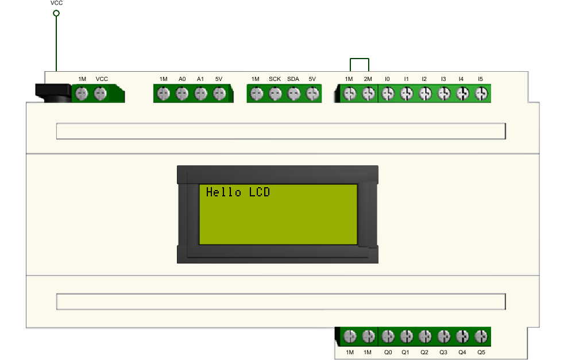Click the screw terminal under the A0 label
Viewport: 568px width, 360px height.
pyautogui.click(x=182, y=94)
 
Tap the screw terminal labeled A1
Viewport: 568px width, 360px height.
pyautogui.click(x=200, y=94)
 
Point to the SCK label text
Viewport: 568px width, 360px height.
pyautogui.click(x=275, y=79)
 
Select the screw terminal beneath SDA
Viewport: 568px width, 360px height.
pyautogui.click(x=294, y=94)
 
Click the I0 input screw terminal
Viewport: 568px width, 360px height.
pyautogui.click(x=388, y=94)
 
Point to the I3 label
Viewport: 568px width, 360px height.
pyautogui.click(x=443, y=79)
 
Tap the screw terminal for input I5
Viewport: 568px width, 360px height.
pyautogui.click(x=481, y=94)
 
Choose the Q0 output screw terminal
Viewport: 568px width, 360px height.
pyautogui.click(x=388, y=336)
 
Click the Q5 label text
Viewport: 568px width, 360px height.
pyautogui.click(x=481, y=353)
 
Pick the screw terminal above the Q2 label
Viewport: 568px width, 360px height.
pyautogui.click(x=425, y=336)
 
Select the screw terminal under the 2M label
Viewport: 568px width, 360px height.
pyautogui.click(x=369, y=94)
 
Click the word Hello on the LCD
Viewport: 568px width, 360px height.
pyautogui.click(x=223, y=192)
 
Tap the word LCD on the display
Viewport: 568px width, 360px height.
pyautogui.click(x=260, y=192)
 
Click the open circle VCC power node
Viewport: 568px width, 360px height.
pyautogui.click(x=56, y=13)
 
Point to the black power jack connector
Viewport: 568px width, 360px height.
pyautogui.click(x=53, y=92)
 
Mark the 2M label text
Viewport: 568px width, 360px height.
pyautogui.click(x=368, y=79)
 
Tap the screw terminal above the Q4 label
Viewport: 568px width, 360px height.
pyautogui.click(x=462, y=336)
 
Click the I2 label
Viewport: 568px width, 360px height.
pyautogui.click(x=424, y=79)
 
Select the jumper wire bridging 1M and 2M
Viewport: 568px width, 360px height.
pyautogui.click(x=360, y=59)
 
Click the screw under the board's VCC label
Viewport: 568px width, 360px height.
pyautogui.click(x=101, y=94)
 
